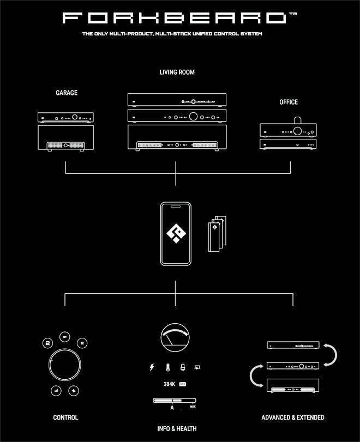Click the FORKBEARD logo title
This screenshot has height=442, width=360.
(176, 19)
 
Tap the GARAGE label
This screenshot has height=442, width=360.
(66, 93)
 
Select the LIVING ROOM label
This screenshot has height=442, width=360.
(177, 72)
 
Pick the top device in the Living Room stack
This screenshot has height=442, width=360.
(176, 100)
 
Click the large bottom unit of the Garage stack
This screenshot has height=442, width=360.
(66, 138)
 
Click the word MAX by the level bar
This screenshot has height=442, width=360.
(193, 407)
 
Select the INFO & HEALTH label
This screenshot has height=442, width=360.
(177, 429)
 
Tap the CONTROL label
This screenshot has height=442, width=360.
(65, 417)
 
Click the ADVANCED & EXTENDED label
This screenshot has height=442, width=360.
(293, 417)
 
